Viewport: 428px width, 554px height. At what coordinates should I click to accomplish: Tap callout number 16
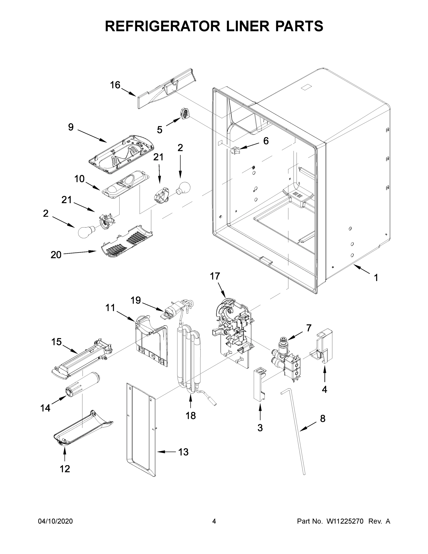[x=115, y=85]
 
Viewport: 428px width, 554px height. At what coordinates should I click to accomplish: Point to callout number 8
[x=323, y=418]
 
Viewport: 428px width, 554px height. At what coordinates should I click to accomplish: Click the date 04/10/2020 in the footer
[x=55, y=521]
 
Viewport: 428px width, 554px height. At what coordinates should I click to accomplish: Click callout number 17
[x=215, y=276]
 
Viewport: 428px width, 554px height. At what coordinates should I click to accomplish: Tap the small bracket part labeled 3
[x=260, y=384]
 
